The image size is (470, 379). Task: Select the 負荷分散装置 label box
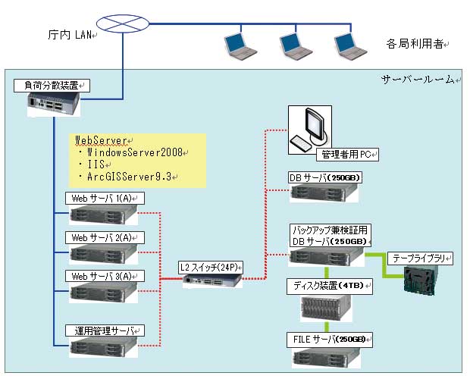click(52, 86)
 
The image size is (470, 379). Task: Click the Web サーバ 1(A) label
click(105, 198)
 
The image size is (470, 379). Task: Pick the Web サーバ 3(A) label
click(105, 275)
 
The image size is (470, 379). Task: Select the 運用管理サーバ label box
click(105, 331)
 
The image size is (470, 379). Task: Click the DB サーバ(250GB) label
click(325, 177)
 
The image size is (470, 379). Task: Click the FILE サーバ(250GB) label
click(330, 338)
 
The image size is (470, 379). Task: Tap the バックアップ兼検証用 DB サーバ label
click(331, 233)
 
